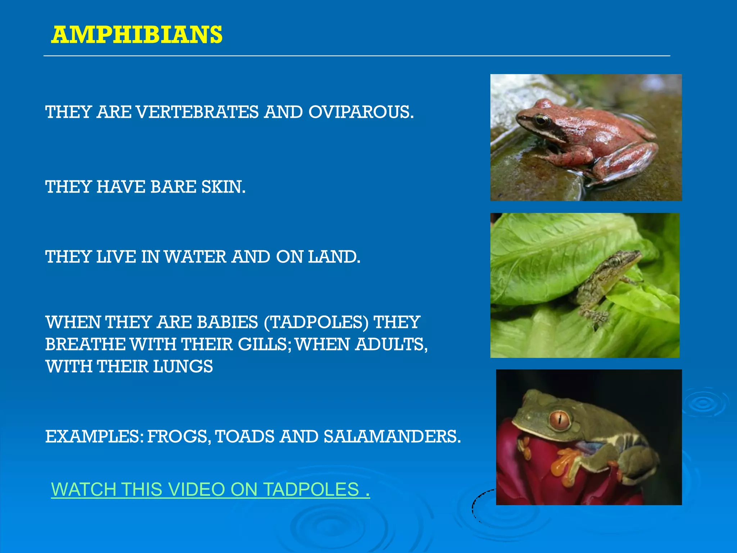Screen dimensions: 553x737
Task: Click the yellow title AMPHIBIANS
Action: (x=137, y=35)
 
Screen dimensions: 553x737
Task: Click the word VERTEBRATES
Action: (x=198, y=112)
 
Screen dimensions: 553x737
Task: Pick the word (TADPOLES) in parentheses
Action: (x=316, y=322)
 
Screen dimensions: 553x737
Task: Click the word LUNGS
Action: (x=183, y=367)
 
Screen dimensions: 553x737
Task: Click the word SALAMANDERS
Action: (x=392, y=436)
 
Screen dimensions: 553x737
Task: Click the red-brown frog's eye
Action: (x=541, y=120)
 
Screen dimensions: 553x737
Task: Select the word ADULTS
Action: (x=391, y=344)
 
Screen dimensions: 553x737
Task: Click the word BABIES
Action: (x=227, y=322)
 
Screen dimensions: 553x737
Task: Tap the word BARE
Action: (x=173, y=187)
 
